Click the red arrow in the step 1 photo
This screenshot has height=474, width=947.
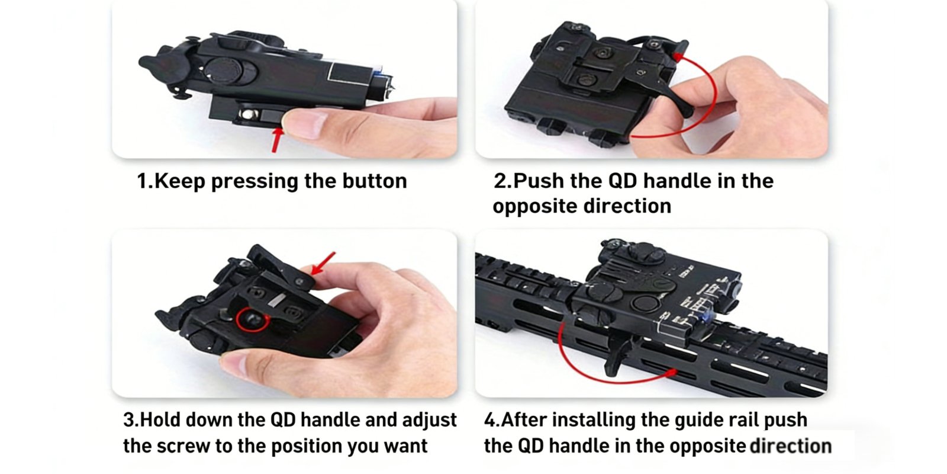(277, 140)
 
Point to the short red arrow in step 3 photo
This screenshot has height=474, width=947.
(323, 264)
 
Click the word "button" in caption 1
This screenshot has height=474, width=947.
(375, 181)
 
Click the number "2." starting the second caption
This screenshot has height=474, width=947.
(503, 181)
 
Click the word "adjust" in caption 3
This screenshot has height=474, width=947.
(429, 420)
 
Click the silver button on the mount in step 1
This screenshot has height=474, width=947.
(247, 114)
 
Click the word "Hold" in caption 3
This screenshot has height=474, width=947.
(160, 420)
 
